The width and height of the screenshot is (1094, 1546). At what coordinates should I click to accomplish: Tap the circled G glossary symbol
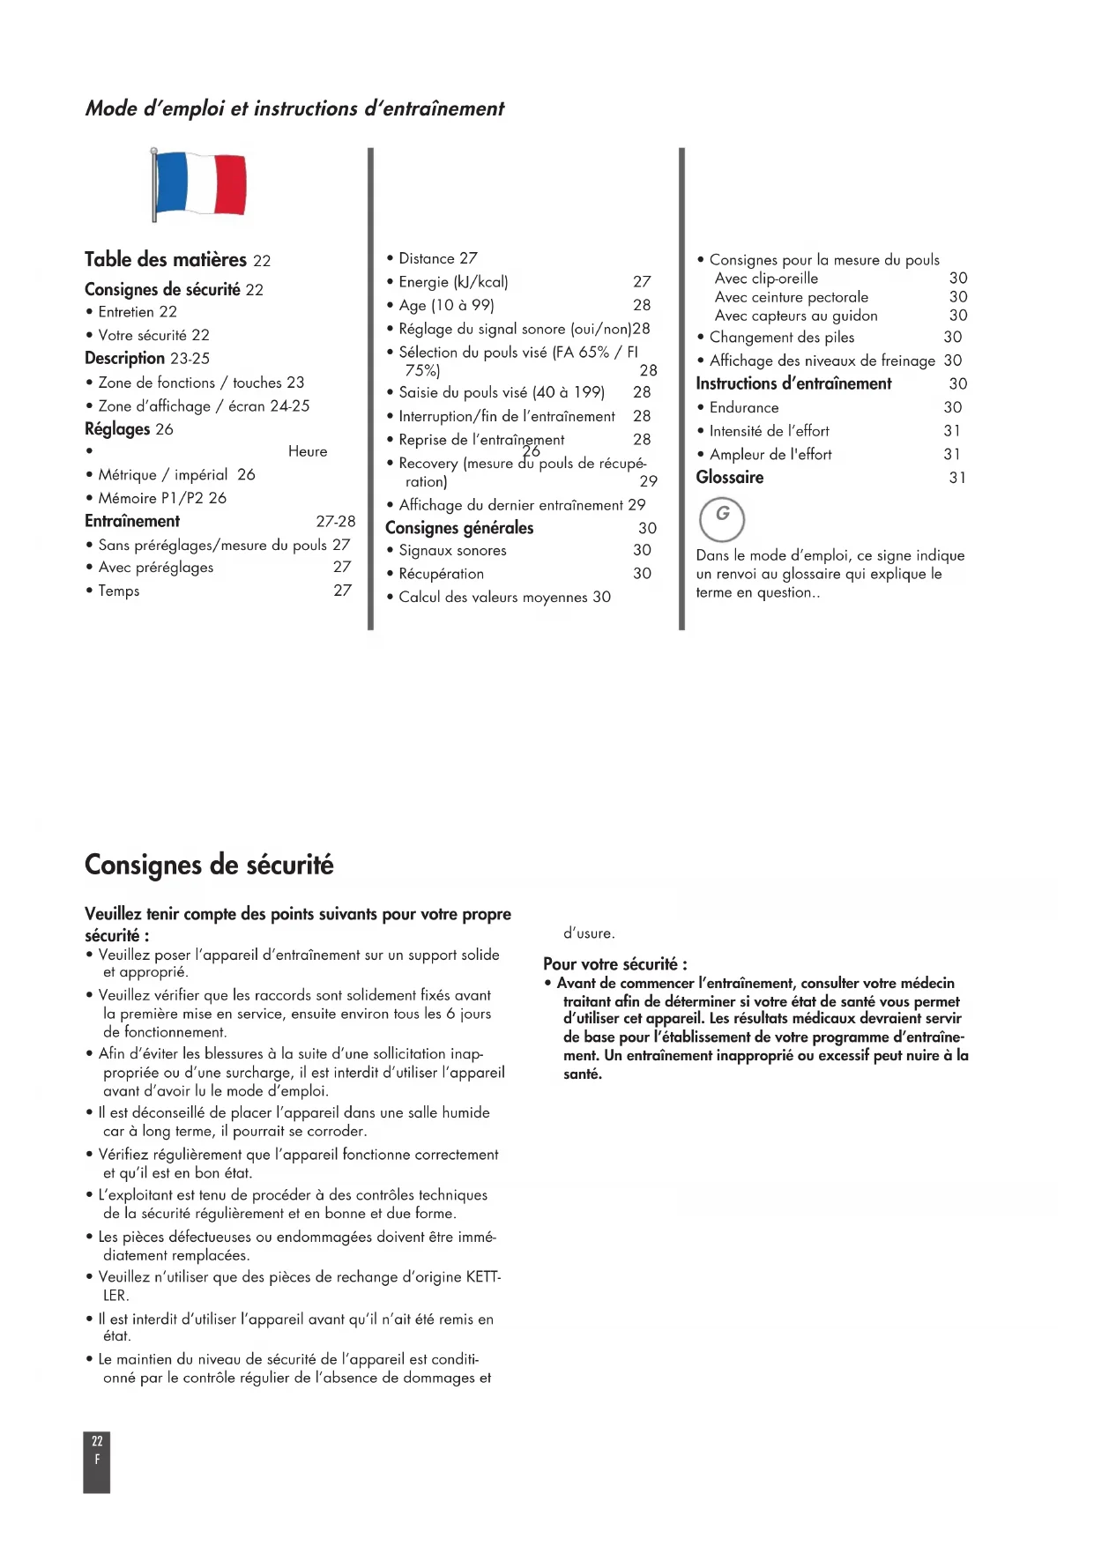[722, 518]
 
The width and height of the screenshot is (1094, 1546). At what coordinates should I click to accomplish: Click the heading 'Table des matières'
[166, 260]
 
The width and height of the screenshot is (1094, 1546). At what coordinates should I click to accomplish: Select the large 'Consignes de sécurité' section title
[209, 865]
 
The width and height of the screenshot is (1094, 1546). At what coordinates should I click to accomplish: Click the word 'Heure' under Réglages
[308, 451]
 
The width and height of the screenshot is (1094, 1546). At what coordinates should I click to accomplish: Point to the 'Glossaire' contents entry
[730, 478]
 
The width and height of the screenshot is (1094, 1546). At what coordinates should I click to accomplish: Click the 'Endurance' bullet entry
[744, 407]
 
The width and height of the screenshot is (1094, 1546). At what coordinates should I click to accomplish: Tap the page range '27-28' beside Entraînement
[336, 521]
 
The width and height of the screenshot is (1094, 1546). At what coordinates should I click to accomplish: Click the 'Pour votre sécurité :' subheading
[615, 963]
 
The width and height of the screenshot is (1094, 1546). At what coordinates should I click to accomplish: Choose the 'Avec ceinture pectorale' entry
[791, 297]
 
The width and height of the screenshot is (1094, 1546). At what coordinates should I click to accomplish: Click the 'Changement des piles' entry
[782, 337]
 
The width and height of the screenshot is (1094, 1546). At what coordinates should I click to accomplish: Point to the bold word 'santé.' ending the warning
[583, 1074]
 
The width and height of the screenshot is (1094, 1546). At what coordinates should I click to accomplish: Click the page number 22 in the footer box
[97, 1441]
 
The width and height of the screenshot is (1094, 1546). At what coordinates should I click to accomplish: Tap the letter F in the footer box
[97, 1460]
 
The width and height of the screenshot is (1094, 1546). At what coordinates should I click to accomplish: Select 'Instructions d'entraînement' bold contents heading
[793, 383]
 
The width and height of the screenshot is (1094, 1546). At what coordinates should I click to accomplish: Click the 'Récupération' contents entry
[441, 574]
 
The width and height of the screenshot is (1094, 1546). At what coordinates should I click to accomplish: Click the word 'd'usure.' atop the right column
[589, 933]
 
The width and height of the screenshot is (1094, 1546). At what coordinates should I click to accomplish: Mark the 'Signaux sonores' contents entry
[452, 551]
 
